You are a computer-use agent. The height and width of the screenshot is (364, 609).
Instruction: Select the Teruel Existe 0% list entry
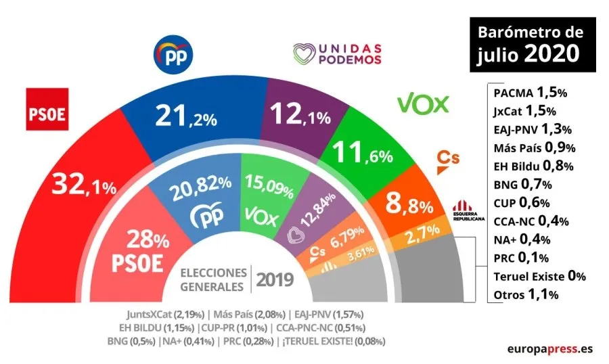tap(539, 276)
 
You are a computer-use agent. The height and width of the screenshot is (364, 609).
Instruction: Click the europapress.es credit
tap(550, 348)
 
